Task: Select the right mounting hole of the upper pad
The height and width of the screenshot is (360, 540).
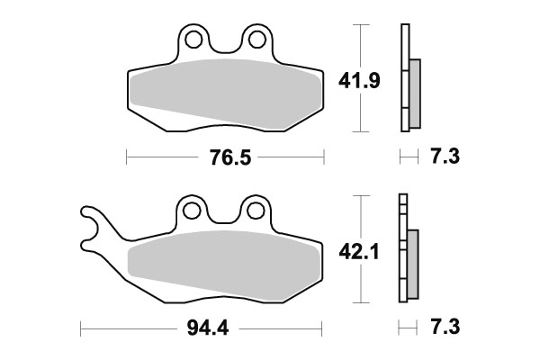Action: (x=256, y=39)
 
